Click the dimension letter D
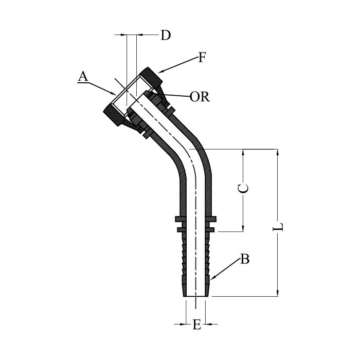point(166,35)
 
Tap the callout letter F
point(202,58)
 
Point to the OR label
point(200,97)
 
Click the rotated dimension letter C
point(243,189)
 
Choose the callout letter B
point(245,259)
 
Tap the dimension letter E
point(197,325)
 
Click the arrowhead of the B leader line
point(212,278)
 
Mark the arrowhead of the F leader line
point(160,71)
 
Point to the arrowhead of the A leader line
point(113,94)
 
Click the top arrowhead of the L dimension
point(278,152)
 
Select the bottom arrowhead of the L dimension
point(278,293)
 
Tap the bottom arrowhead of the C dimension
point(243,228)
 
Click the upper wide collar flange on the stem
point(195,219)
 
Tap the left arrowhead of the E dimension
point(183,324)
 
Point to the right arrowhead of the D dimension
point(140,34)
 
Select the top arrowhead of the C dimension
point(243,152)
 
